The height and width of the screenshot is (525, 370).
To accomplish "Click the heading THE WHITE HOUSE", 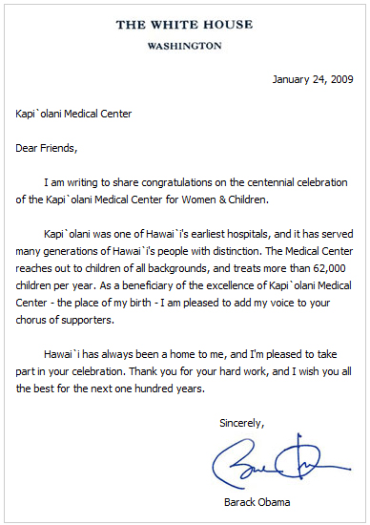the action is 185,25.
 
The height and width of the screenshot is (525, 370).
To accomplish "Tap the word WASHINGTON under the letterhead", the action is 186,45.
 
